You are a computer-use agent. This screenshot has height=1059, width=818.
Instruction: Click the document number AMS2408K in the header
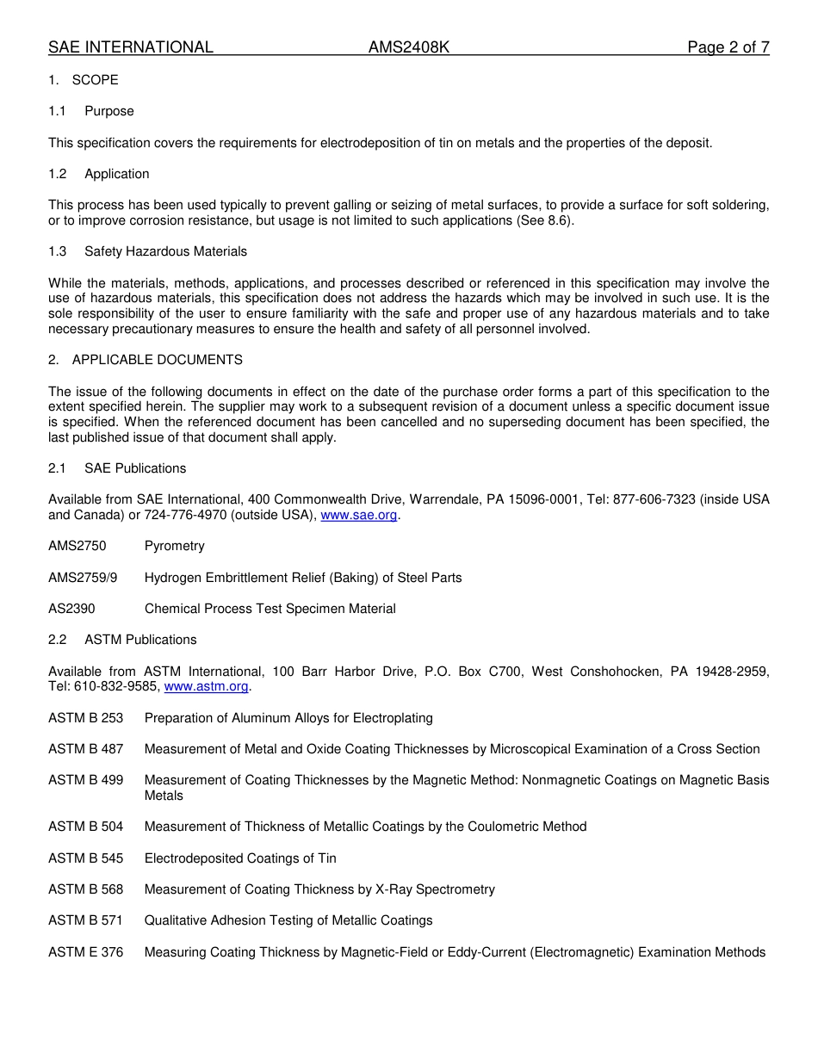(409, 47)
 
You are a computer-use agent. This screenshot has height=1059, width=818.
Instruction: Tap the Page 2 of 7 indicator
(728, 47)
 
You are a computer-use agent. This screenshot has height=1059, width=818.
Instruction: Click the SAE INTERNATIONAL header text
(131, 47)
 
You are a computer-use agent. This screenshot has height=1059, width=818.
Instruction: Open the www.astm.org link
(206, 686)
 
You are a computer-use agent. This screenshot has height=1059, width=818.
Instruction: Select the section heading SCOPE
(95, 80)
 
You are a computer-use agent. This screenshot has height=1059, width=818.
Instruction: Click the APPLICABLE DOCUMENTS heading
(157, 360)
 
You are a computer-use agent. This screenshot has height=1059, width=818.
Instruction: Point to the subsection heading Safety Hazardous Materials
(165, 251)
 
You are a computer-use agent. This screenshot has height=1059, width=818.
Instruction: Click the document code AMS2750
(77, 546)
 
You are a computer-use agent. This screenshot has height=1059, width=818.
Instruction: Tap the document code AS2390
(71, 609)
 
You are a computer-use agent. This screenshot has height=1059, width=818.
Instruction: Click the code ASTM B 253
(85, 718)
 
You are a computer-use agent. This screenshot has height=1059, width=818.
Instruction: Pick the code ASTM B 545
(85, 858)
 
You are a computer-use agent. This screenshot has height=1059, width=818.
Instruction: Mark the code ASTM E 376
(85, 952)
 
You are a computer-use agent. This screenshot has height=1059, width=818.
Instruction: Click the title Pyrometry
(174, 546)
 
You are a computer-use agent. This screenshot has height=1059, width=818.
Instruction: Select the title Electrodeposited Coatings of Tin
(240, 858)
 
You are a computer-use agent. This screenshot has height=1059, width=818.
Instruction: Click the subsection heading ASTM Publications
(140, 640)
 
